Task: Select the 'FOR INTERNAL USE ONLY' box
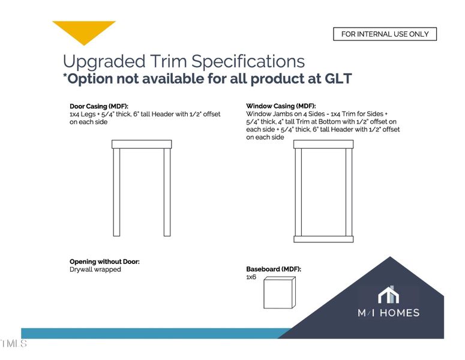pyautogui.click(x=385, y=34)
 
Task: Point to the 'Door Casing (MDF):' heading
pyautogui.click(x=99, y=106)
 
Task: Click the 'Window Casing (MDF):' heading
pyautogui.click(x=281, y=106)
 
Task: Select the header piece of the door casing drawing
pyautogui.click(x=142, y=144)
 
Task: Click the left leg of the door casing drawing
pyautogui.click(x=117, y=192)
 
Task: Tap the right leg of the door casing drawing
pyautogui.click(x=167, y=192)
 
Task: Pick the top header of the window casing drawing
pyautogui.click(x=323, y=145)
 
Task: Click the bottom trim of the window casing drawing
pyautogui.click(x=323, y=239)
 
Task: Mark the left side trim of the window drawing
pyautogui.click(x=298, y=192)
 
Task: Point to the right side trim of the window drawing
pyautogui.click(x=349, y=192)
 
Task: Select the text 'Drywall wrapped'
pyautogui.click(x=95, y=270)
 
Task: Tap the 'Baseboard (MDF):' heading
pyautogui.click(x=274, y=269)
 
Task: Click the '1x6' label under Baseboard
pyautogui.click(x=251, y=278)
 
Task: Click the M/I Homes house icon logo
pyautogui.click(x=389, y=295)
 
